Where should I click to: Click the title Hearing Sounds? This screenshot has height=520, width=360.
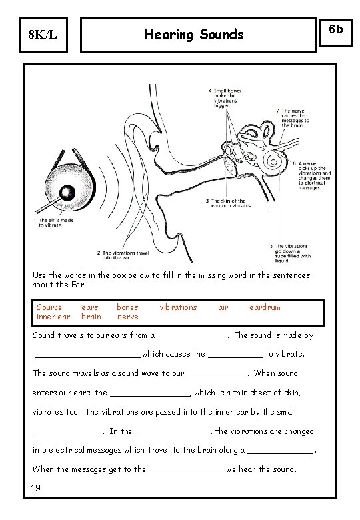pyautogui.click(x=194, y=35)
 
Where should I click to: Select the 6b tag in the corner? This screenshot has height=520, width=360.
pyautogui.click(x=337, y=29)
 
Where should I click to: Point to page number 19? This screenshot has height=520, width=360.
pyautogui.click(x=37, y=489)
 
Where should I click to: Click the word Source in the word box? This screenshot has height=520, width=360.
pyautogui.click(x=49, y=307)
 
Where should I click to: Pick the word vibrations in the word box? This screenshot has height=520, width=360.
pyautogui.click(x=178, y=307)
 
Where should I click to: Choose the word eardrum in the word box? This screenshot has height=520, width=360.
pyautogui.click(x=265, y=307)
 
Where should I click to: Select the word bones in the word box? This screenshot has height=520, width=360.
pyautogui.click(x=127, y=307)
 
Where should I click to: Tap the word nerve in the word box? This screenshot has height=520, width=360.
pyautogui.click(x=127, y=317)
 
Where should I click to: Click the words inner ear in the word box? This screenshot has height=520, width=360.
pyautogui.click(x=53, y=317)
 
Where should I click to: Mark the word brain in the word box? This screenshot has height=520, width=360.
pyautogui.click(x=91, y=317)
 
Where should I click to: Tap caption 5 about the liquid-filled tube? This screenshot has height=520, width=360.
pyautogui.click(x=293, y=251)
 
